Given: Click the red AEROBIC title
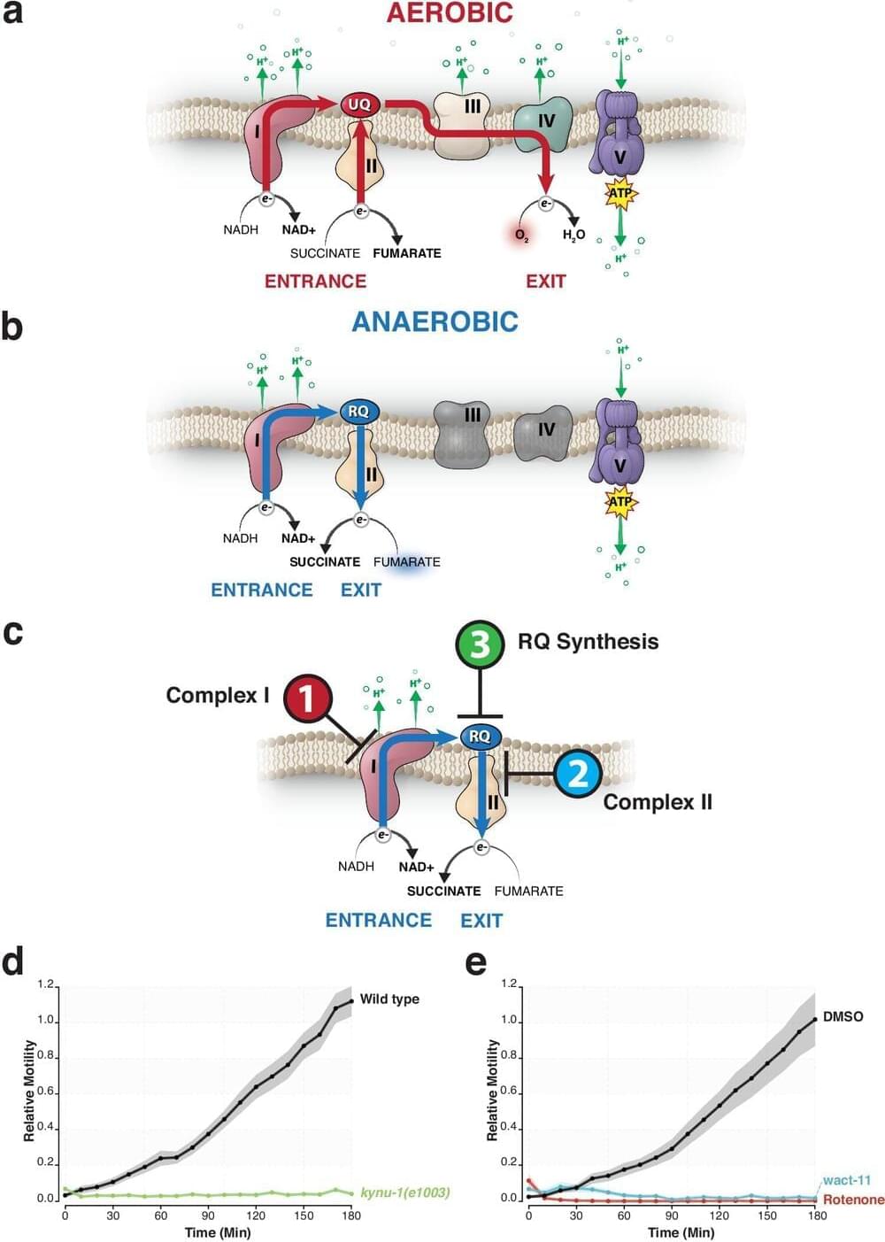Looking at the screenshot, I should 450,13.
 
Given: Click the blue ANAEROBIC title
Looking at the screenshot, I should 435,320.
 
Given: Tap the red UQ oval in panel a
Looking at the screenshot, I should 359,104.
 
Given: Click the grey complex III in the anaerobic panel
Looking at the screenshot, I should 462,431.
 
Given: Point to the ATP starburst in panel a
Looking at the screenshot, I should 619,193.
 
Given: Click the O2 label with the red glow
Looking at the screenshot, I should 521,235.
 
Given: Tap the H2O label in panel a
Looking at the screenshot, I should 573,235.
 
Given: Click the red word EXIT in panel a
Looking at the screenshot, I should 545,281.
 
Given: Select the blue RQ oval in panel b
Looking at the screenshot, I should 358,412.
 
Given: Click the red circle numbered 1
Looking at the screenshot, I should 306,698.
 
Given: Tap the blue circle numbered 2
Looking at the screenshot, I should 578,773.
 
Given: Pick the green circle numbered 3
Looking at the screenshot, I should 480,644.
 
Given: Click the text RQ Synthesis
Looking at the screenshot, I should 588,642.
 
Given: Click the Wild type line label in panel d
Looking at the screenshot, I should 389,999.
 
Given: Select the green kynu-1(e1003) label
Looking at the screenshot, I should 404,1192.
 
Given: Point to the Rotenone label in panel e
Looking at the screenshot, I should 853,1200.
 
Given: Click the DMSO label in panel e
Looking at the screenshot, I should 843,1016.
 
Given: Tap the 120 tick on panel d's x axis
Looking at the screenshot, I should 256,1215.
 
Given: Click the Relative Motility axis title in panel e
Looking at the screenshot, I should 492,1090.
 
